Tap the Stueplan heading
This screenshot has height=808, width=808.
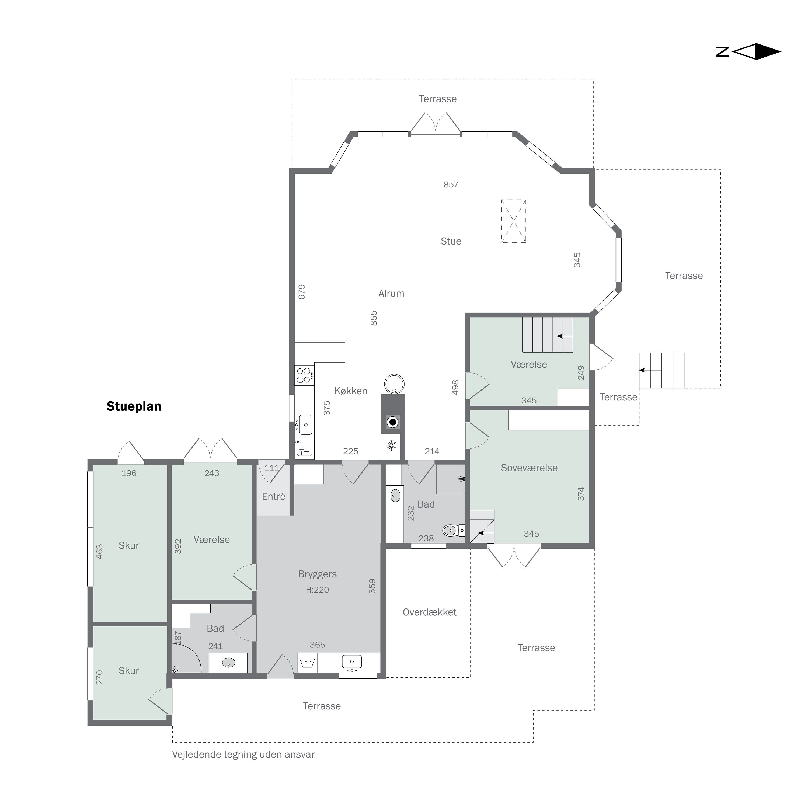tap(134, 406)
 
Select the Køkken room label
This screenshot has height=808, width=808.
tap(350, 391)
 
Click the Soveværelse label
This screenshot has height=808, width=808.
tap(529, 468)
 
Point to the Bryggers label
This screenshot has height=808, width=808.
tap(318, 574)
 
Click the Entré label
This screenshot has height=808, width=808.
tap(274, 496)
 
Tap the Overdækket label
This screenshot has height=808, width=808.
tap(430, 612)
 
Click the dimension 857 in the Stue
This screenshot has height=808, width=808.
tap(451, 184)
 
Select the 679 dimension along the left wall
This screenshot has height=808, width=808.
tap(302, 292)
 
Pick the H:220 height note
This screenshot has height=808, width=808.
tap(318, 590)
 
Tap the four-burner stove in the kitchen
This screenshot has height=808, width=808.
tap(304, 375)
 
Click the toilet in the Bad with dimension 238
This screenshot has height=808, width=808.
tap(453, 530)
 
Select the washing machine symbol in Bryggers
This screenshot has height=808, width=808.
tap(307, 663)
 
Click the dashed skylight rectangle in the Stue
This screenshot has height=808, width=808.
tap(514, 221)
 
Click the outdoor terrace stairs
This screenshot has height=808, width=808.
tap(662, 371)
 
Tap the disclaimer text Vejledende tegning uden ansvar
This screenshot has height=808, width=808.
tap(243, 754)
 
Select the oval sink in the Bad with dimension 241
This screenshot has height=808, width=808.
tap(228, 663)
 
